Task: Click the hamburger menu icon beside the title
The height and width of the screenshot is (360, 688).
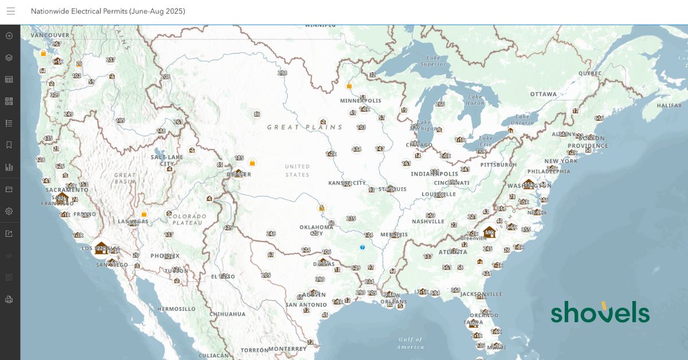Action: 11,11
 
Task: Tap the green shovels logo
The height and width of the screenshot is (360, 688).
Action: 600,312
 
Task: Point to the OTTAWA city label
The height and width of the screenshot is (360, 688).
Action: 543,94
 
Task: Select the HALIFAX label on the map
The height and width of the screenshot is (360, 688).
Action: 669,105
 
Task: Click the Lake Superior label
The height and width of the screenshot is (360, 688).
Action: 433,61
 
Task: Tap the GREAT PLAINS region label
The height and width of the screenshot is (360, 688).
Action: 304,127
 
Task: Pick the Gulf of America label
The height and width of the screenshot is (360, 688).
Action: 411,343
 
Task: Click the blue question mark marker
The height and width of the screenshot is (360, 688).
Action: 362,247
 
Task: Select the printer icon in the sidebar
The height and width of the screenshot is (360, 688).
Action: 9,299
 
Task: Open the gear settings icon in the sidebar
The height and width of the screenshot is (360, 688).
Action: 9,211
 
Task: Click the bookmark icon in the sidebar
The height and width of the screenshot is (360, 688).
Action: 9,145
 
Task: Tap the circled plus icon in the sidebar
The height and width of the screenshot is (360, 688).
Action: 9,36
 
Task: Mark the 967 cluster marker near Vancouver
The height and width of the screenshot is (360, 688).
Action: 56,44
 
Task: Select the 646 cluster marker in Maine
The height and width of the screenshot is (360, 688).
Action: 599,118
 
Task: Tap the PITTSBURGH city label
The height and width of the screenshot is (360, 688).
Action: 498,165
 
